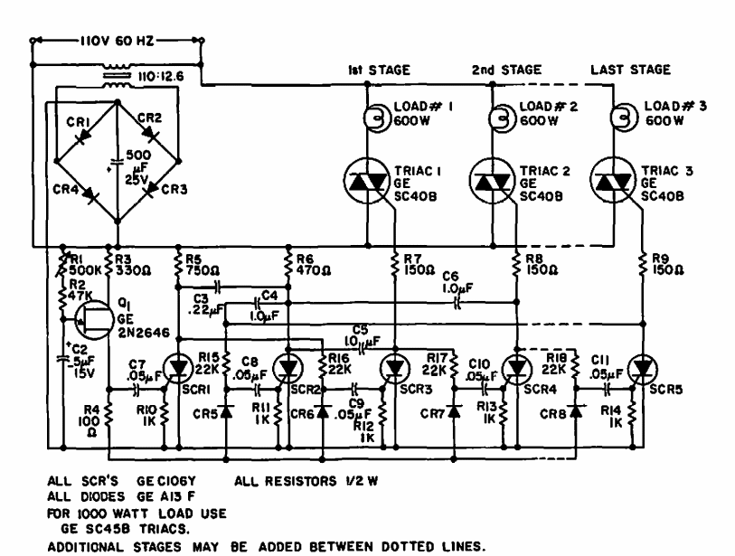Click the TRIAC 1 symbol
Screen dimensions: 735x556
pos(367,181)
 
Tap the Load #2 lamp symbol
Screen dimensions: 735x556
pos(503,118)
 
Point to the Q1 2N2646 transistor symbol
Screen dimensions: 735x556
pos(95,320)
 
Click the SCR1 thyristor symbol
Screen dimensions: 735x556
pos(179,369)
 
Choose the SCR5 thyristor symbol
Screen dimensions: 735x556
pos(643,369)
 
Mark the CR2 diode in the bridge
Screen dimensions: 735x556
pos(150,136)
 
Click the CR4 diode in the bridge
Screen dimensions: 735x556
pos(90,194)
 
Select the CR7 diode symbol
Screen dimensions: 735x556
pos(454,411)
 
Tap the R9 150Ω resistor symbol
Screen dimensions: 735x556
pos(643,265)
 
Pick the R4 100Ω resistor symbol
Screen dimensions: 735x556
pos(108,415)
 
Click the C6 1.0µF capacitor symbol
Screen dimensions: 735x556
pos(458,304)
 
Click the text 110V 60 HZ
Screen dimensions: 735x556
pos(117,41)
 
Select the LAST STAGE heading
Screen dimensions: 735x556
pos(630,70)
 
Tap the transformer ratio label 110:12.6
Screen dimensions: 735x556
pos(161,77)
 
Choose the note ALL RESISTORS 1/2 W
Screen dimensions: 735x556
pos(306,482)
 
